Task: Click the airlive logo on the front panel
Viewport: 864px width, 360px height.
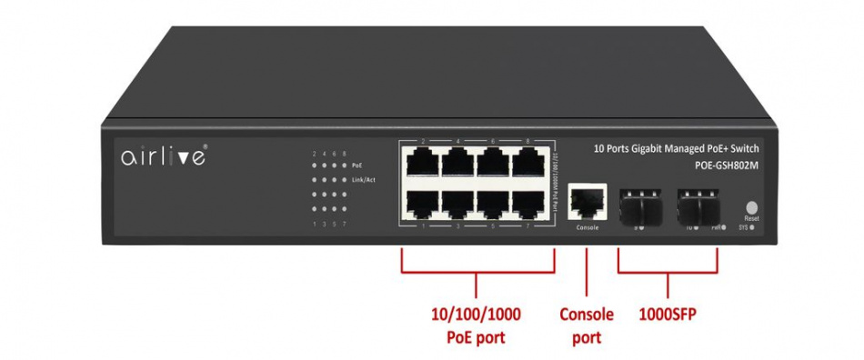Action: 164,156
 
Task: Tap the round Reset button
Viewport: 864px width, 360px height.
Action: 751,207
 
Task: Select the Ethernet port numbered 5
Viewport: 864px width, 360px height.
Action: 493,201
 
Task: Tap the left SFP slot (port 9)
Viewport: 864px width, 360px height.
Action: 641,204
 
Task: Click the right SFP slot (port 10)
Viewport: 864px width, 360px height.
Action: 698,204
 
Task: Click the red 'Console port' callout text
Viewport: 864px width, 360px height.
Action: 587,325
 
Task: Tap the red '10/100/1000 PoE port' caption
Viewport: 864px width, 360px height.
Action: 477,325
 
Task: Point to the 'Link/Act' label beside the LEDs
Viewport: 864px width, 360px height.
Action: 364,180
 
